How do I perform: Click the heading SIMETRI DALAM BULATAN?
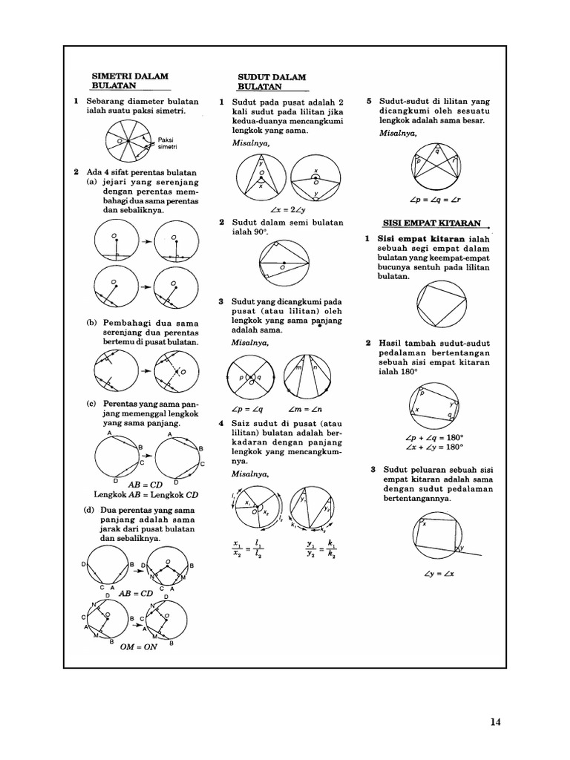click(130, 81)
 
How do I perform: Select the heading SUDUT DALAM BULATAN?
click(271, 82)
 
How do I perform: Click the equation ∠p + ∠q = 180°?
click(436, 437)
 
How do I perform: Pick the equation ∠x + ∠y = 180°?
click(436, 447)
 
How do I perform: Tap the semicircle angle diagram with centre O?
click(283, 263)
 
